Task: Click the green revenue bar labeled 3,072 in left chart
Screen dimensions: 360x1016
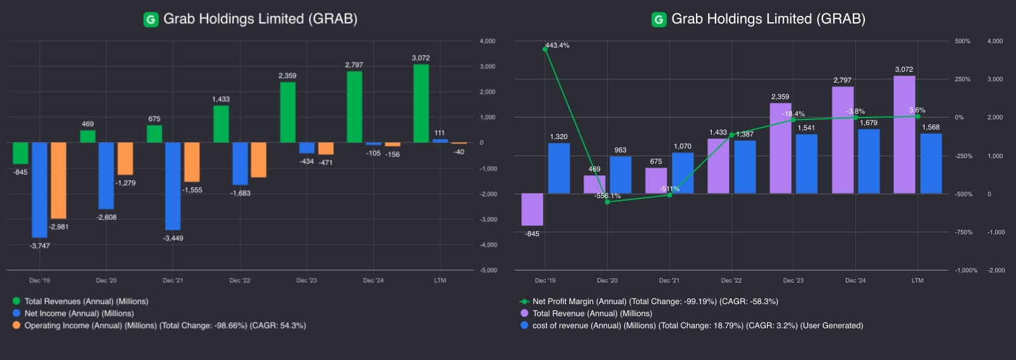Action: [x=420, y=103]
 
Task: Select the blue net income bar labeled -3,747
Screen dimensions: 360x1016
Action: [x=39, y=190]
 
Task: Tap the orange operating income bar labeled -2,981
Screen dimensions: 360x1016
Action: [x=58, y=180]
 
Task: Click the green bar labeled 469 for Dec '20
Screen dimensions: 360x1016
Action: [x=88, y=137]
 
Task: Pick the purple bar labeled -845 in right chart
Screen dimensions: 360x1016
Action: [x=532, y=210]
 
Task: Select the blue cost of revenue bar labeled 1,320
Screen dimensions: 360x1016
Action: [x=559, y=168]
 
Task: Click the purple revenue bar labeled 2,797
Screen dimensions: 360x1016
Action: [x=843, y=140]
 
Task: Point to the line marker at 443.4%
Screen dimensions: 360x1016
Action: [x=545, y=50]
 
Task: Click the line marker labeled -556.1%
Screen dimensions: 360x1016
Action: [x=607, y=202]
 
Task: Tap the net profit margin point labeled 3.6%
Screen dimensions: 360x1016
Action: [x=918, y=116]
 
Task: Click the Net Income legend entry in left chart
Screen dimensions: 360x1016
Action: [x=79, y=314]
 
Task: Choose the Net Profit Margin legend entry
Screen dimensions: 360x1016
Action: [x=655, y=302]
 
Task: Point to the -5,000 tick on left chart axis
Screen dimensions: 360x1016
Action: [x=488, y=270]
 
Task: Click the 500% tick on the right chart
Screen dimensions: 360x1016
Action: [x=962, y=41]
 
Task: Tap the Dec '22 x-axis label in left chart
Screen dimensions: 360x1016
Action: [x=239, y=281]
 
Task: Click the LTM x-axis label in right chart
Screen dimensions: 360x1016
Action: [x=918, y=281]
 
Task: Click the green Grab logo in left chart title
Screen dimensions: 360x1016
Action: [x=150, y=20]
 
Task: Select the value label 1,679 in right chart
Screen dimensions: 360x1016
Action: [x=868, y=123]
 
